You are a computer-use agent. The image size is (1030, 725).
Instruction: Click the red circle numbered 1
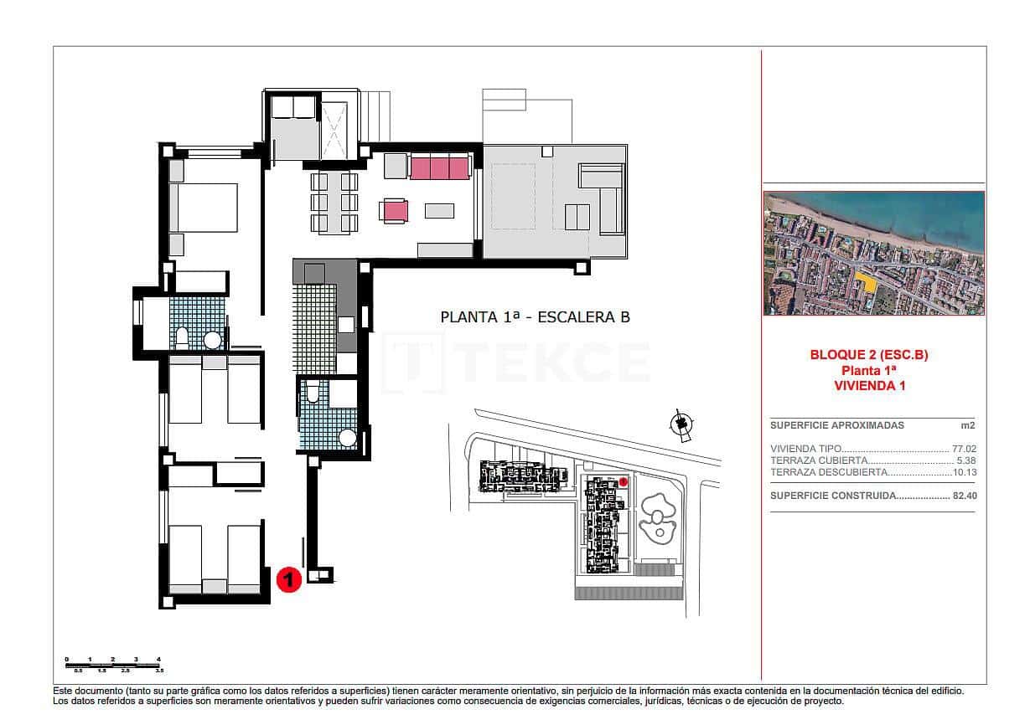click(x=288, y=579)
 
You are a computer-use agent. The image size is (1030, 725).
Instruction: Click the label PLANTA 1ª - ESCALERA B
click(x=535, y=317)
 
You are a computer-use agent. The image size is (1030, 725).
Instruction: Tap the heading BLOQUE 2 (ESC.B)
click(x=869, y=355)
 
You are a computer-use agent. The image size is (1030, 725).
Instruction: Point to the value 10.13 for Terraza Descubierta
click(x=965, y=472)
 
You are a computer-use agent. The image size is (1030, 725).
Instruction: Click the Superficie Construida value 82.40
click(x=965, y=496)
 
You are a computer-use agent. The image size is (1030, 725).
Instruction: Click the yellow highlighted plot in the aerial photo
click(x=869, y=283)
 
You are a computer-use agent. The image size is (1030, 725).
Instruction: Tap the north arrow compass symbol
click(x=682, y=425)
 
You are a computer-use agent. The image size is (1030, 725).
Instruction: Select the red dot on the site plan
click(x=624, y=481)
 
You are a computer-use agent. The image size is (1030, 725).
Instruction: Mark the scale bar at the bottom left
click(x=113, y=665)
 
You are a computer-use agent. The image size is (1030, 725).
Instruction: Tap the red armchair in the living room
click(x=395, y=210)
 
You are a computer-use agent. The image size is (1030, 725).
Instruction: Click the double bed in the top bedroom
click(x=204, y=207)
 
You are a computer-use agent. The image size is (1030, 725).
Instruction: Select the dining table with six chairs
click(x=334, y=202)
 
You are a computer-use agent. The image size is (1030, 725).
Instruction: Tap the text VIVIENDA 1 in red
click(x=869, y=385)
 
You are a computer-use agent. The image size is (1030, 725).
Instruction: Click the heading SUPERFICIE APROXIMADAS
click(x=826, y=425)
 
